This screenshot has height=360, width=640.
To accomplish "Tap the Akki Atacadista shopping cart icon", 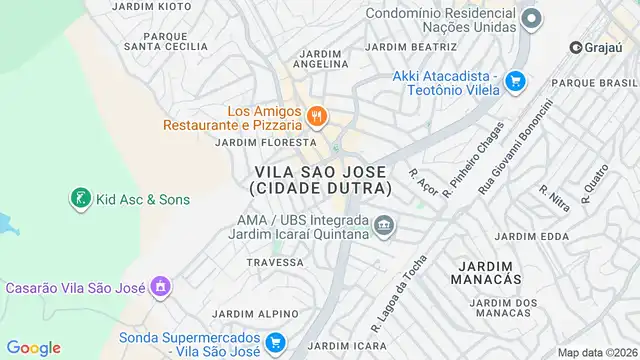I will (x=515, y=81).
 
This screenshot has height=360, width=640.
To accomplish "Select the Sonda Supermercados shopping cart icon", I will (x=279, y=343).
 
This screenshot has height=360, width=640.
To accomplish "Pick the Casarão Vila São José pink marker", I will (x=159, y=288).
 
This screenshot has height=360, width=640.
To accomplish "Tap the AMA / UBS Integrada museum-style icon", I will (x=383, y=226).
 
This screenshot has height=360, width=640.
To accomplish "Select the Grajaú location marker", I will (x=576, y=47).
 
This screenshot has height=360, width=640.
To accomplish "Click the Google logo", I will (x=33, y=348).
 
